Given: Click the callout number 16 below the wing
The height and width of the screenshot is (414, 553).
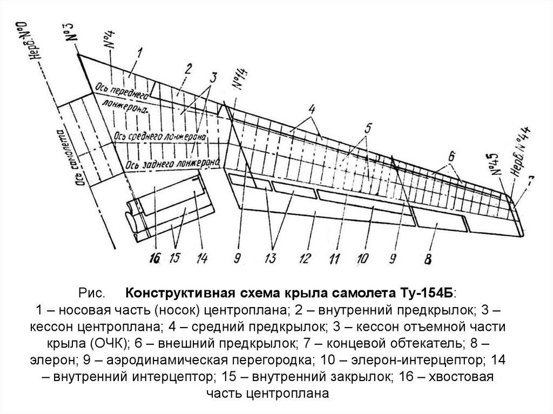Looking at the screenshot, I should coord(155,258).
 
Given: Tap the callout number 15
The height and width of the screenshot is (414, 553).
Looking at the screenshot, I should coord(174,258).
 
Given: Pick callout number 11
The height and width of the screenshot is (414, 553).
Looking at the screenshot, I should coord(335,257).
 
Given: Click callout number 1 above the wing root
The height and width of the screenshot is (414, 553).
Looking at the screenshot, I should coord(139,52).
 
